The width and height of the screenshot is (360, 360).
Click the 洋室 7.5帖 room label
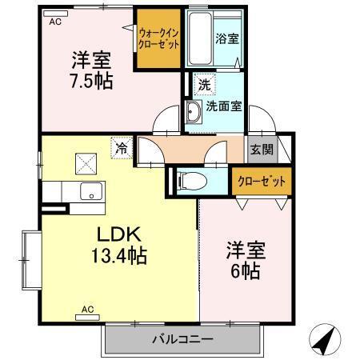[x=90, y=70]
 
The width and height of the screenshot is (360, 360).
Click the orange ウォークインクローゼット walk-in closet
[x=157, y=39]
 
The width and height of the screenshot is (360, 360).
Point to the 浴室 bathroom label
[x=222, y=38]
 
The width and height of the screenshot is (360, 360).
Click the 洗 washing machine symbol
[x=204, y=84]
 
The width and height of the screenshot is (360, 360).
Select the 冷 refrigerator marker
[x=120, y=147]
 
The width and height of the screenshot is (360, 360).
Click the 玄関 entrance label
[x=260, y=149]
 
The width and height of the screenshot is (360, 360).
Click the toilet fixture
[x=190, y=180]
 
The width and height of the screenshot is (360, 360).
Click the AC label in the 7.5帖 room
[x=54, y=22]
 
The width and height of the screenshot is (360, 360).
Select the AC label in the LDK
[x=87, y=308]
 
